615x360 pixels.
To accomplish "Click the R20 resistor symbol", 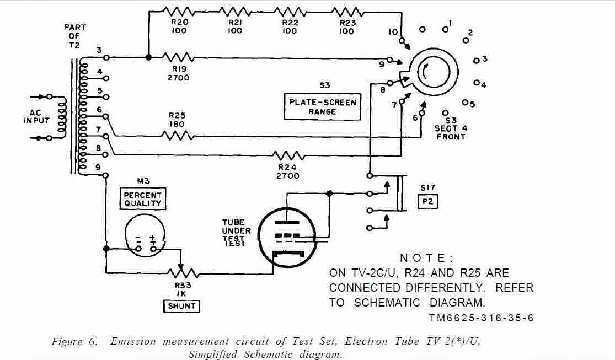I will click(x=179, y=10).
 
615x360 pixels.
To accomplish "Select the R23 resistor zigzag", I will click(x=346, y=10).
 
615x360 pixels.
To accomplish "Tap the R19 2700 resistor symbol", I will click(x=178, y=57).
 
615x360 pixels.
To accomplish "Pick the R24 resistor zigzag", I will click(x=288, y=156).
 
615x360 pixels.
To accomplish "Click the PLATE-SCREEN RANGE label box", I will click(x=323, y=106).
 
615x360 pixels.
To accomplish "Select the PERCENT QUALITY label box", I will click(x=142, y=199).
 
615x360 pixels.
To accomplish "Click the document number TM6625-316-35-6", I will click(x=480, y=318).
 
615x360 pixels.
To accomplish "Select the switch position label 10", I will click(x=393, y=32).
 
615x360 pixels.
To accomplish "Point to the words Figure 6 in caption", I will click(x=74, y=341).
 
